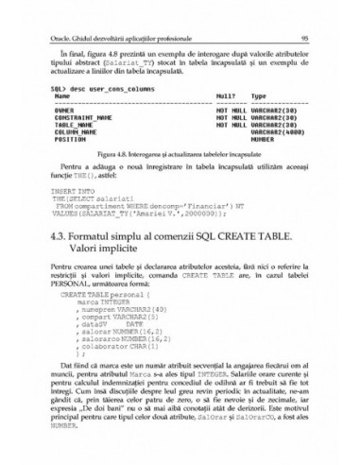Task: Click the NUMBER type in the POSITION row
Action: click(x=262, y=137)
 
